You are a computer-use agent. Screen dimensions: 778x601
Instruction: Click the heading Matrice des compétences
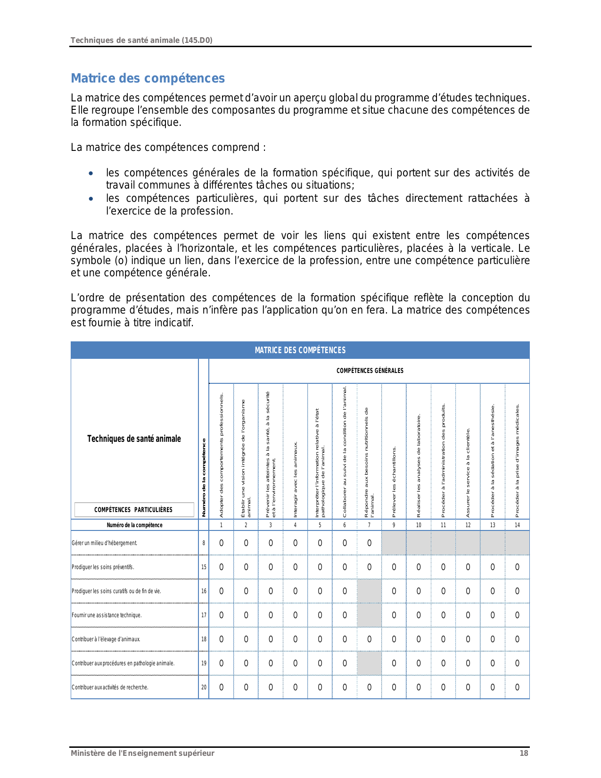tap(148, 78)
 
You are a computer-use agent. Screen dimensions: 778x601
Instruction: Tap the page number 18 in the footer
tap(524, 753)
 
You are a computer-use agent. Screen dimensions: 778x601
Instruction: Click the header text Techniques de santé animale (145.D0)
tap(141, 41)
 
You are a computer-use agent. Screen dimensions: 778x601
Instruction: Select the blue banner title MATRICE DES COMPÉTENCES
tap(300, 350)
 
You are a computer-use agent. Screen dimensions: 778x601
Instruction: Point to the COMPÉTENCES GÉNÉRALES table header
tap(370, 371)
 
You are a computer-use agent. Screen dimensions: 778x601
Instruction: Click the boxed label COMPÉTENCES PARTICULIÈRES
tap(133, 510)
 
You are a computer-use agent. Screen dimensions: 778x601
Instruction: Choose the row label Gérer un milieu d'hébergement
tap(105, 543)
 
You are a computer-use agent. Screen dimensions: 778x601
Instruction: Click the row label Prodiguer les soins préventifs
tap(103, 567)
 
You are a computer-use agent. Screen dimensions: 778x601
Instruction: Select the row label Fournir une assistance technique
tap(107, 615)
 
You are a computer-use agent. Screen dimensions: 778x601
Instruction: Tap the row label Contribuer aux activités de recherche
tap(110, 687)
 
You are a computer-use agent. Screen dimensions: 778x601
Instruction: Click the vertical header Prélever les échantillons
tap(394, 481)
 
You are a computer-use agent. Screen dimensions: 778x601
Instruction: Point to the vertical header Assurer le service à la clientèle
tap(468, 472)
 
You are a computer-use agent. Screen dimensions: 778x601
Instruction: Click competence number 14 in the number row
tap(517, 525)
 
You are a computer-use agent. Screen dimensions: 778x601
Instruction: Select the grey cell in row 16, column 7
tap(369, 591)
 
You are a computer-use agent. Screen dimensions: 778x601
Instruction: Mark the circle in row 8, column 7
tap(369, 543)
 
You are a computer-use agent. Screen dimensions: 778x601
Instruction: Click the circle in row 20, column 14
tap(517, 687)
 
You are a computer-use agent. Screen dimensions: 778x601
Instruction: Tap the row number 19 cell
tap(204, 663)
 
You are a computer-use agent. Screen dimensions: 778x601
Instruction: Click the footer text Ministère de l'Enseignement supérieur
tap(142, 753)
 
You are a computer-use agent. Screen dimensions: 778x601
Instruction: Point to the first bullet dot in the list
tap(91, 174)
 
